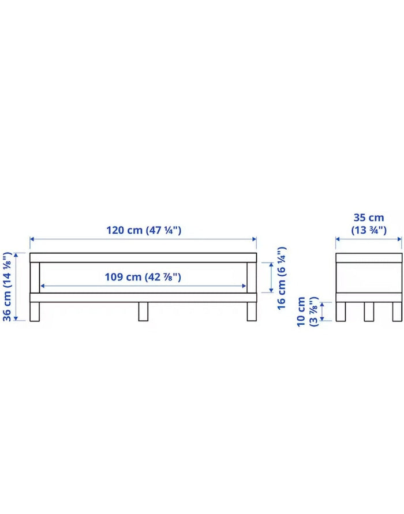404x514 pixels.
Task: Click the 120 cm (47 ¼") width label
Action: click(144, 230)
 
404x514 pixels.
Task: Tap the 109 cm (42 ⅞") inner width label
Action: click(143, 277)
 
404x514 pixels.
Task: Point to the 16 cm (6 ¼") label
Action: click(282, 278)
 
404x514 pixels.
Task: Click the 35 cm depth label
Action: click(369, 217)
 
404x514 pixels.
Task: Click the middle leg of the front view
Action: click(143, 312)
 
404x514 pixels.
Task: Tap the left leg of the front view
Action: click(35, 312)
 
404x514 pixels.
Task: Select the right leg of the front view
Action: click(252, 312)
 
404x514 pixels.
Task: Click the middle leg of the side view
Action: click(369, 312)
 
